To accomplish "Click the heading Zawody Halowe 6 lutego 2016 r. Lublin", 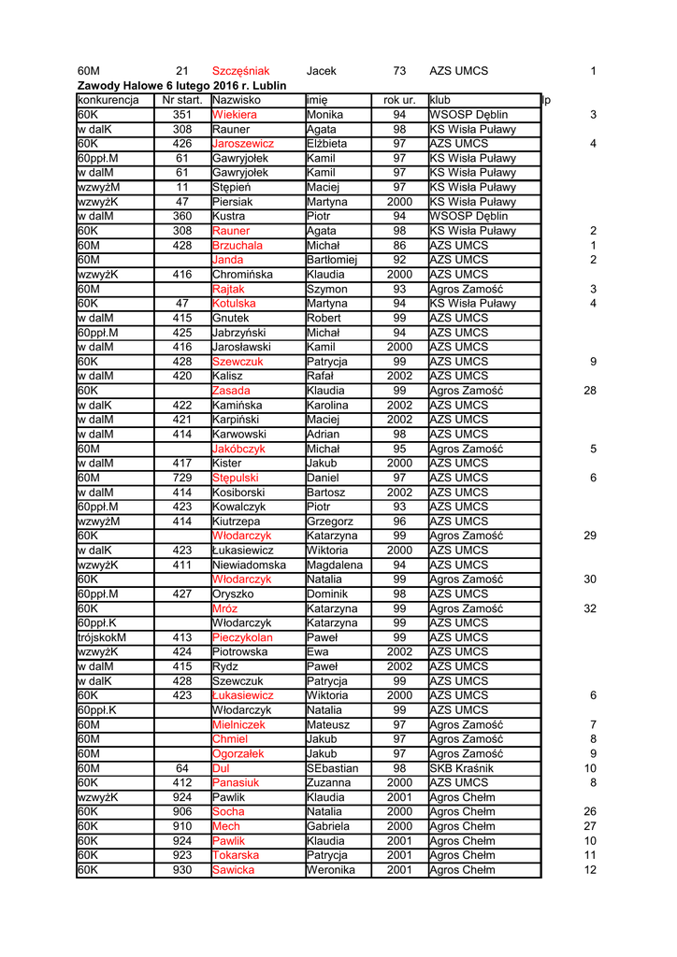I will coord(181,85).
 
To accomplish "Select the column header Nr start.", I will coord(181,100).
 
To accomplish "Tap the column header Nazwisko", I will coord(237,100).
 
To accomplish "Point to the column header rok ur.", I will coord(399,100).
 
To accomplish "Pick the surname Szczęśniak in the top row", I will coord(240,71).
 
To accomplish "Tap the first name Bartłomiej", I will coord(332,260).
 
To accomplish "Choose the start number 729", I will coord(181,478).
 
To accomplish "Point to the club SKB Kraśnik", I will coord(461,768).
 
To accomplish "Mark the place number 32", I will coord(589,608).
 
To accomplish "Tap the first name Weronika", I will coord(331,870).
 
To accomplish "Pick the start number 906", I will coord(181,811).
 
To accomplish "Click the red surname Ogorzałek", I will coord(238,753).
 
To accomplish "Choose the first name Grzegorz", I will coord(329,521).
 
